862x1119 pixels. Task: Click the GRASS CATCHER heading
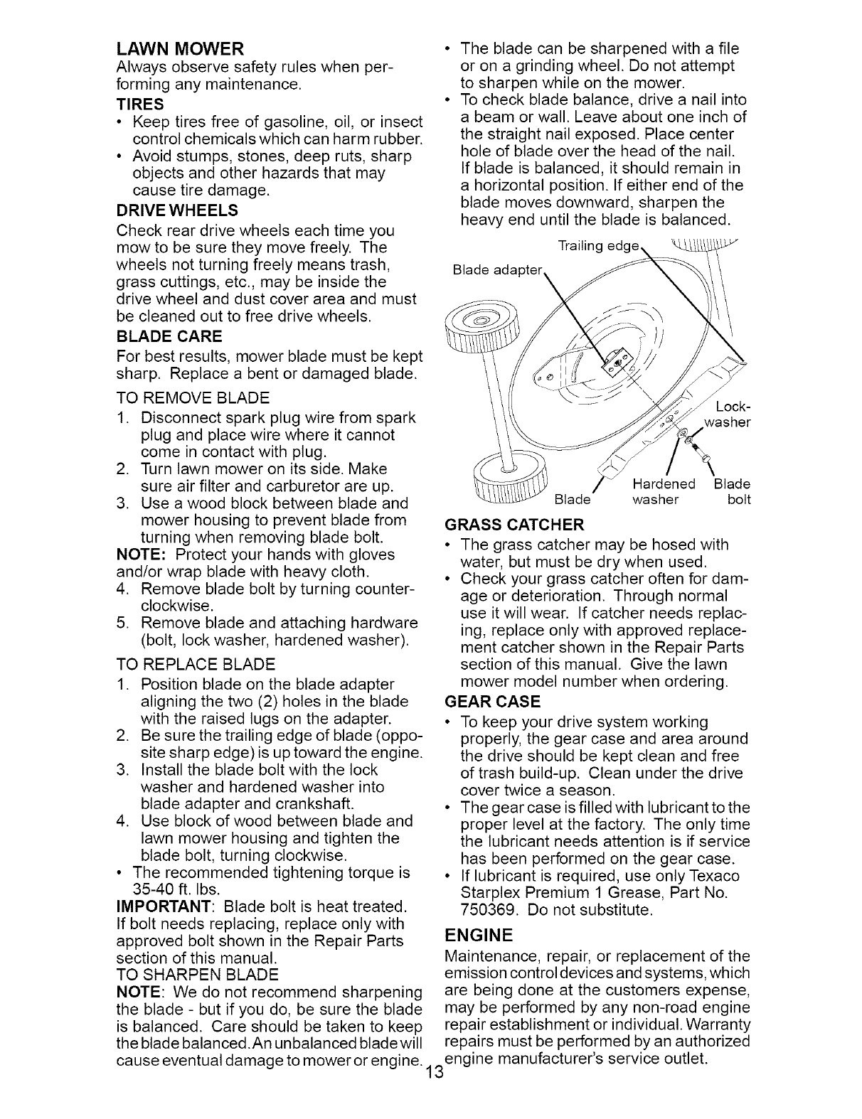click(514, 525)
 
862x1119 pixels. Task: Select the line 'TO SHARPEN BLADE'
click(197, 974)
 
